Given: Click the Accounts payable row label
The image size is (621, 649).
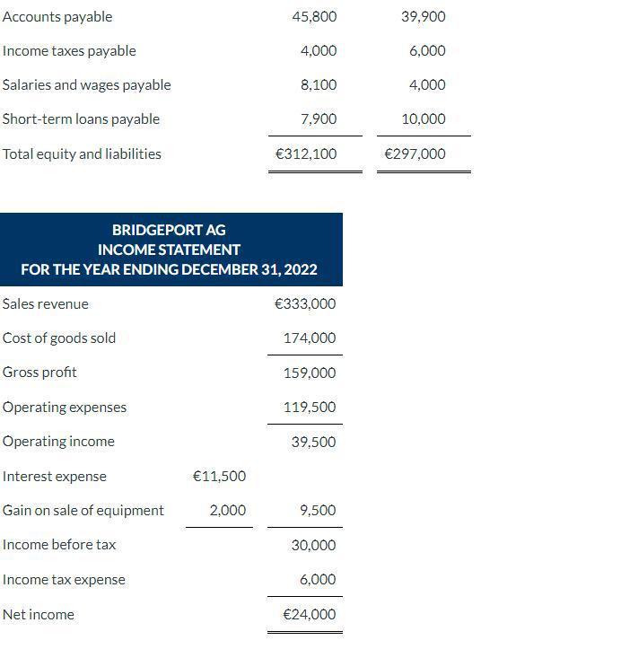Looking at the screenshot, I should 57,17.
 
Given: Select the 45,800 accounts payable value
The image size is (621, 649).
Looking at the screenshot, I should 314,17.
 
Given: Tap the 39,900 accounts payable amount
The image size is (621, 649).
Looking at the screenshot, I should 423,17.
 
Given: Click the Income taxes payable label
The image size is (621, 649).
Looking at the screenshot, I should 69,51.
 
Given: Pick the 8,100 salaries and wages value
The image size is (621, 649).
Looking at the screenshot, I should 319,85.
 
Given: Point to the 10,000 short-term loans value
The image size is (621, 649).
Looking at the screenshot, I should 424,119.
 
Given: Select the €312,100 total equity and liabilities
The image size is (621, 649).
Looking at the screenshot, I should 306,154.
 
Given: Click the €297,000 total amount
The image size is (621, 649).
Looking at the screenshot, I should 415,154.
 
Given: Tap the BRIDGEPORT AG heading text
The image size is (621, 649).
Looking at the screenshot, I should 169,231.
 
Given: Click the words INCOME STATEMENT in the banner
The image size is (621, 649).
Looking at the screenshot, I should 169,250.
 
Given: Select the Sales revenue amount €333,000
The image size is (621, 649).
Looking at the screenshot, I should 305,304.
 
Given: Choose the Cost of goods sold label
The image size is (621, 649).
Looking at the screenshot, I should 59,338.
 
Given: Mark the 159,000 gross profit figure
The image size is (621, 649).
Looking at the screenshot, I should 310,373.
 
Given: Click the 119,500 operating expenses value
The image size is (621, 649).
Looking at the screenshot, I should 310,408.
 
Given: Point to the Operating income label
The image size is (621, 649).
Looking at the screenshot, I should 58,442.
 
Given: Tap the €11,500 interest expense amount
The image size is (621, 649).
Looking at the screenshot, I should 219,477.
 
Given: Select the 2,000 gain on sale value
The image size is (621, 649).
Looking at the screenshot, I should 227,511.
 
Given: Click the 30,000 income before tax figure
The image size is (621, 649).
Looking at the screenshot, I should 313,546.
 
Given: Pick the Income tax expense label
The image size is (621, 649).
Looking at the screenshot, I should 64,580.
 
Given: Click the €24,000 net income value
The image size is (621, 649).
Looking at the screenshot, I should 310,615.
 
